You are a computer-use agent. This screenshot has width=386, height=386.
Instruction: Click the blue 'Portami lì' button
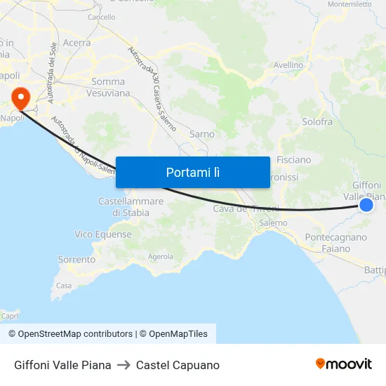[193, 172]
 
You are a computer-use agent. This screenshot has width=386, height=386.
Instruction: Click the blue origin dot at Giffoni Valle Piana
[366, 204]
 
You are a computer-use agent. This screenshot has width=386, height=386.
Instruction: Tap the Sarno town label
[202, 133]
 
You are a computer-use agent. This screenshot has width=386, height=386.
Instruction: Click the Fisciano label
[294, 159]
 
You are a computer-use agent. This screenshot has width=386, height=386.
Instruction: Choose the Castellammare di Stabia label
[131, 207]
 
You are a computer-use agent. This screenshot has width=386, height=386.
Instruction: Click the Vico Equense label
[103, 234]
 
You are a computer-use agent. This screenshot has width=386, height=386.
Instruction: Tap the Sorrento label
[76, 260]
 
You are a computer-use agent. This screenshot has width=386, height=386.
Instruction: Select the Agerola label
[160, 257]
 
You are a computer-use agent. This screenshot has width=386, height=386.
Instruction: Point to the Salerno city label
[273, 223]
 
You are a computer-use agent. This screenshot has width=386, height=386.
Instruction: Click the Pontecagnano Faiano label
[336, 243]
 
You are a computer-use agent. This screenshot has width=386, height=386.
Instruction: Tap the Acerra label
[76, 43]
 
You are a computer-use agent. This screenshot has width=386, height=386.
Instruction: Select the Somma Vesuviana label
[107, 87]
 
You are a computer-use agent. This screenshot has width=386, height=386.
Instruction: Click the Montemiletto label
[350, 4]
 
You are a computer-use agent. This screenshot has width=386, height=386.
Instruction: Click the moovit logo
[344, 364]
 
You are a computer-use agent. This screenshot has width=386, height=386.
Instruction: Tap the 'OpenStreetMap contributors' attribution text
[75, 334]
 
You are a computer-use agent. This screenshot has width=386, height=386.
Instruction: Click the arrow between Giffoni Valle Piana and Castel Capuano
[124, 365]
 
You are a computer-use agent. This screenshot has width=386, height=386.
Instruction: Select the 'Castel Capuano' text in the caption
[178, 365]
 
